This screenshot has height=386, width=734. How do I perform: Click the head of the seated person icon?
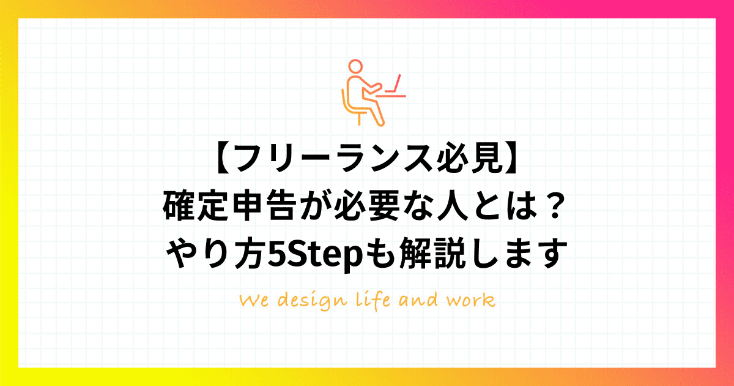tap(355, 66)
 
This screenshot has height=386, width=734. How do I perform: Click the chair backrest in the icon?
tap(344, 100)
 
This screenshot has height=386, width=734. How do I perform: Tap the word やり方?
tap(215, 254)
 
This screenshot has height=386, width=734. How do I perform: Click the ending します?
tap(518, 254)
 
